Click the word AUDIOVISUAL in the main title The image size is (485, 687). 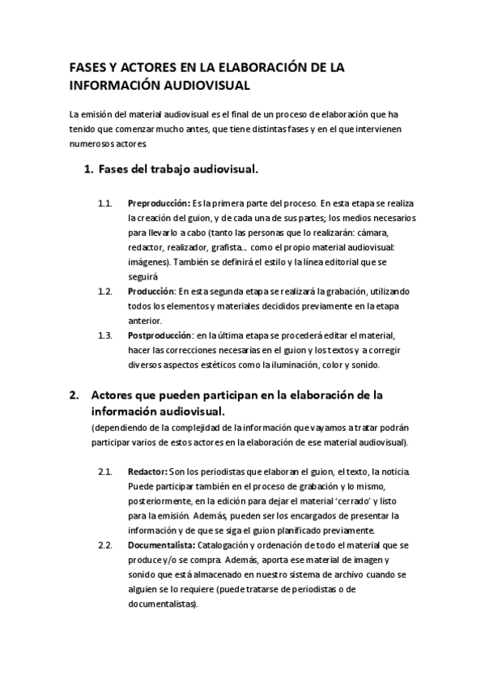pos(204,83)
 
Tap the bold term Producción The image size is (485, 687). pos(151,290)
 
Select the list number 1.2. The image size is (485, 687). pos(104,290)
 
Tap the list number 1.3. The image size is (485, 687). pos(104,335)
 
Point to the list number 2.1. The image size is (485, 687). pos(104,472)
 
